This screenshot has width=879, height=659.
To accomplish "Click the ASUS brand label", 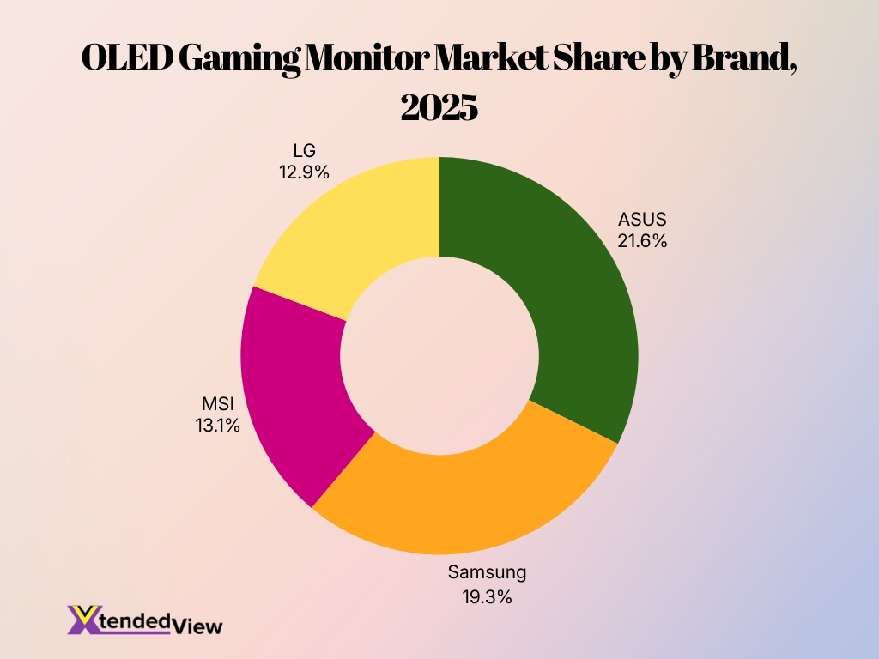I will click(x=642, y=220).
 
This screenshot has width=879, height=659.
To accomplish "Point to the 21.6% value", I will click(x=642, y=241).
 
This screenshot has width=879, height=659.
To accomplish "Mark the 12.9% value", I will click(x=303, y=172).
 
